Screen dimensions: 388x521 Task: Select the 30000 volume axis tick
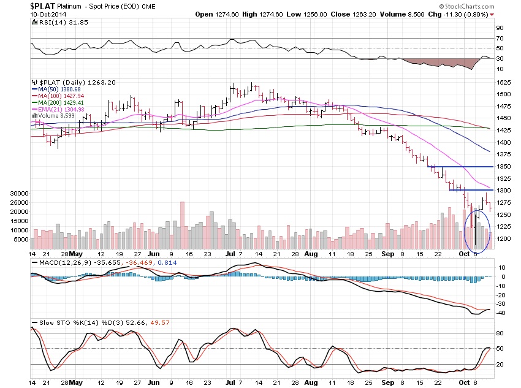click(19, 193)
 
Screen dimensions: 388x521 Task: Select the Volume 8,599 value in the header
click(432, 13)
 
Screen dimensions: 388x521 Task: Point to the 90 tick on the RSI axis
click(500, 28)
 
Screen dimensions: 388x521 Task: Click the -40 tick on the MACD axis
click(501, 313)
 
